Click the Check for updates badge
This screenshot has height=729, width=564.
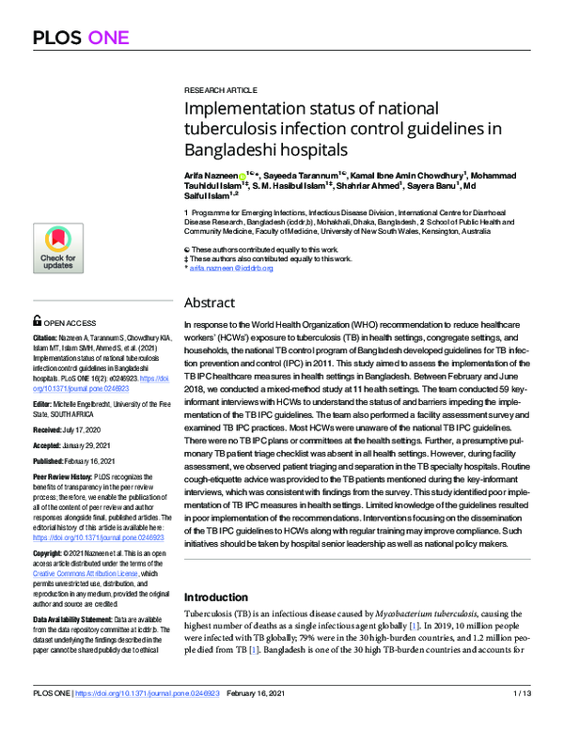coord(57,249)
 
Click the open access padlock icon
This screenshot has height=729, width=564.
coord(36,319)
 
